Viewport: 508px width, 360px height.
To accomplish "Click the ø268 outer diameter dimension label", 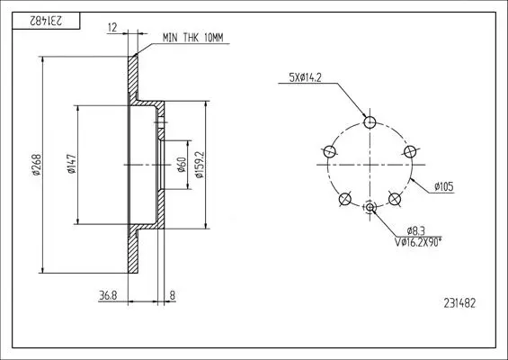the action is [x=37, y=165].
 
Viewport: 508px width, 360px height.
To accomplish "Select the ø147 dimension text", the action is [x=72, y=164].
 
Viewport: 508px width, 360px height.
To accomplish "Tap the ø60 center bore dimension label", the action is [x=182, y=165].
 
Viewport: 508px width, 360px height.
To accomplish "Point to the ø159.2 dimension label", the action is [x=200, y=165].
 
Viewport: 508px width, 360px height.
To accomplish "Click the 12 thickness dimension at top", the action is [x=112, y=28].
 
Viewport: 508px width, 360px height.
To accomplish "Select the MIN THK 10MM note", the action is [x=193, y=38].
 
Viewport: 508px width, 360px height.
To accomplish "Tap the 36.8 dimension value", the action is [x=108, y=295].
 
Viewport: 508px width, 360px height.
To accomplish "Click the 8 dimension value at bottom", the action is [x=173, y=295].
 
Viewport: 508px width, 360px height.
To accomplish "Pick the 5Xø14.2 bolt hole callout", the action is [x=305, y=77].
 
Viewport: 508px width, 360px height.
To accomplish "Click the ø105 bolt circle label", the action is [x=444, y=186].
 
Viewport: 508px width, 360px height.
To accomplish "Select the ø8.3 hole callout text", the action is [x=415, y=231].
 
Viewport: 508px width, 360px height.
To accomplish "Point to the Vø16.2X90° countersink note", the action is [x=418, y=242].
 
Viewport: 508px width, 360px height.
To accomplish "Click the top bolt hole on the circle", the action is [x=370, y=122].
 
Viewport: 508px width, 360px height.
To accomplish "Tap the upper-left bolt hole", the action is [x=329, y=151].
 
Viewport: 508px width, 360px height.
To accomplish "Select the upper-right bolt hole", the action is [x=410, y=151].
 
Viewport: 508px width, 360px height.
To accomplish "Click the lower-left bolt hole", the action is [x=344, y=199].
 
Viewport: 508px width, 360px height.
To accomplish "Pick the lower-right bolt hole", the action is [x=395, y=199].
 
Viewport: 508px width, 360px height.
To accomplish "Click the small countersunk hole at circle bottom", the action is [x=370, y=207].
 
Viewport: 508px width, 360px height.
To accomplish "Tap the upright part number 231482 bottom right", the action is [x=459, y=303].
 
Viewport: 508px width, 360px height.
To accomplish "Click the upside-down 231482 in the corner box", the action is [x=46, y=21].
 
